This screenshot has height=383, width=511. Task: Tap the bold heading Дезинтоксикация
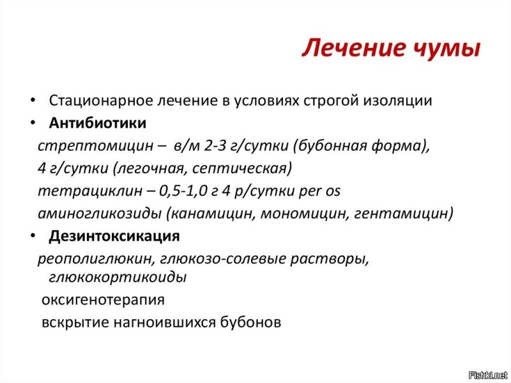pos(114,236)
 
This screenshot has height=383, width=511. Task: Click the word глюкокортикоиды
pos(118,277)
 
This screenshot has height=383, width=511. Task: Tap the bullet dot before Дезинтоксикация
pos(32,237)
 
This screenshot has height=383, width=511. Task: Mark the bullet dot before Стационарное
pos(32,101)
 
